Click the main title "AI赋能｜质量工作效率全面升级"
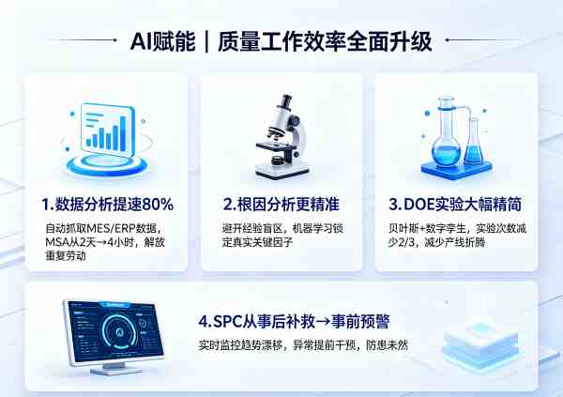(x=281, y=41)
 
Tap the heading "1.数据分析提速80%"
(x=108, y=205)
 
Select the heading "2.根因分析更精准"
(x=281, y=205)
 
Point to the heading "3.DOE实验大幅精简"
(x=455, y=205)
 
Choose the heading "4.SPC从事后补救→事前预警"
(x=294, y=322)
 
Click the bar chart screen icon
(x=107, y=140)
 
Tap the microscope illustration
(x=282, y=136)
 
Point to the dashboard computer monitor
(x=114, y=337)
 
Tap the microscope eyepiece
(x=286, y=101)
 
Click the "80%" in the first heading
(x=158, y=205)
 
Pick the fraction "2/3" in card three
(x=403, y=242)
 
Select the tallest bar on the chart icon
(x=123, y=133)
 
